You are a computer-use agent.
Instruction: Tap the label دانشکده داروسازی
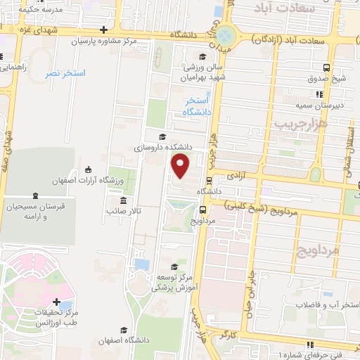[167, 148]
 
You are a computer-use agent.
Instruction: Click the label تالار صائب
[124, 210]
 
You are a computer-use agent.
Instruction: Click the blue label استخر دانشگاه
[191, 107]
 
